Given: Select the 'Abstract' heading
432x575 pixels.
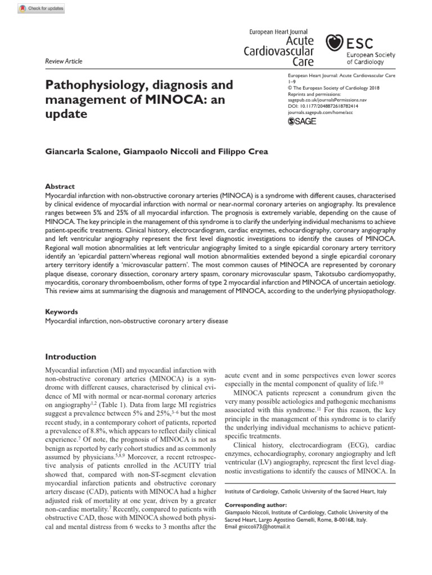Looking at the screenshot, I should pyautogui.click(x=59, y=186).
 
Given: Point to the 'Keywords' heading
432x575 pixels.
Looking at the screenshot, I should pyautogui.click(x=61, y=312).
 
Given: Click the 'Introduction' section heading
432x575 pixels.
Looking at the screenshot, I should pyautogui.click(x=70, y=357).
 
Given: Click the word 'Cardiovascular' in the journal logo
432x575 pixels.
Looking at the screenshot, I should pyautogui.click(x=278, y=51).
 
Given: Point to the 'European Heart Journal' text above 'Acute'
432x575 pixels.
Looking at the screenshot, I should pyautogui.click(x=278, y=32).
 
